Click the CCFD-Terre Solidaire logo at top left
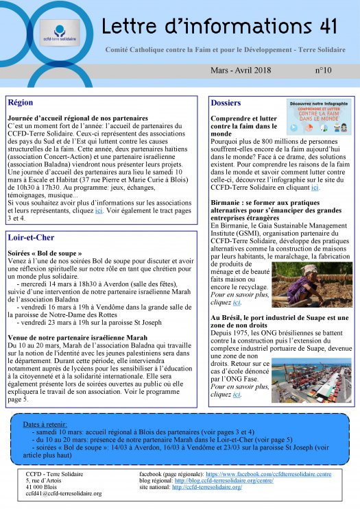coord(59,32)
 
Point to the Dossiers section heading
coord(226,103)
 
